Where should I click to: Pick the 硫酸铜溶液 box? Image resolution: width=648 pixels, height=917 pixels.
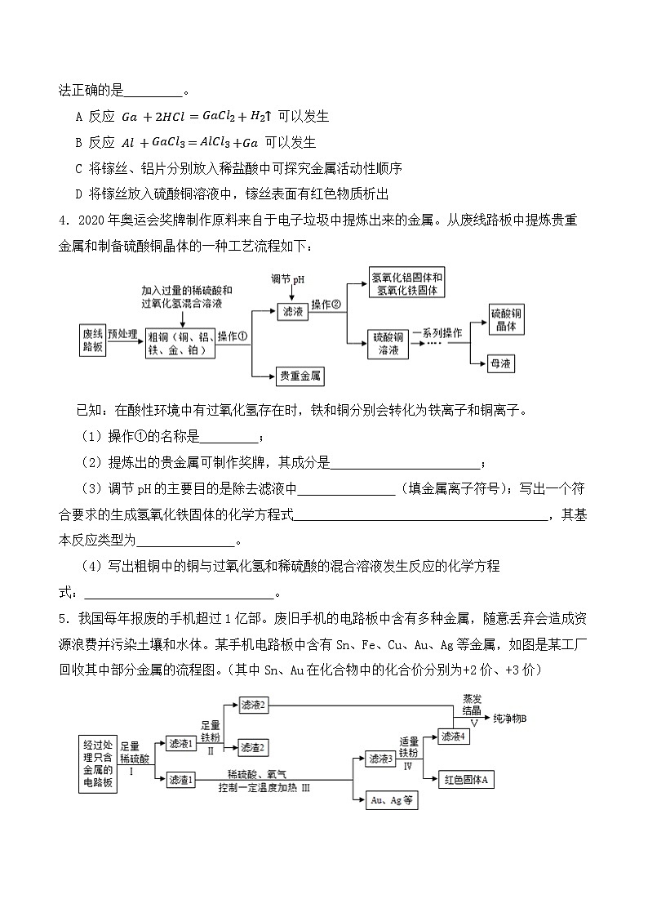pyautogui.click(x=388, y=343)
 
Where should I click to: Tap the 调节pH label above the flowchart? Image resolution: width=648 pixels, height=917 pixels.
pyautogui.click(x=288, y=279)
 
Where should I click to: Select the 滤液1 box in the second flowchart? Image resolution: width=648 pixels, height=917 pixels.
pyautogui.click(x=181, y=744)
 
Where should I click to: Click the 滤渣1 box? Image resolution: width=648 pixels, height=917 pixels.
pyautogui.click(x=181, y=780)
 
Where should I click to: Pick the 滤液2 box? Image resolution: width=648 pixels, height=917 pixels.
pyautogui.click(x=254, y=704)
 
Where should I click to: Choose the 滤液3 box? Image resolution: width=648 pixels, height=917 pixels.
pyautogui.click(x=381, y=759)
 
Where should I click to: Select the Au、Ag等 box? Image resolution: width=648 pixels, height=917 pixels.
pyautogui.click(x=391, y=801)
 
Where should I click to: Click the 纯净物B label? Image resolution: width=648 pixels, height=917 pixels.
pyautogui.click(x=511, y=719)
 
